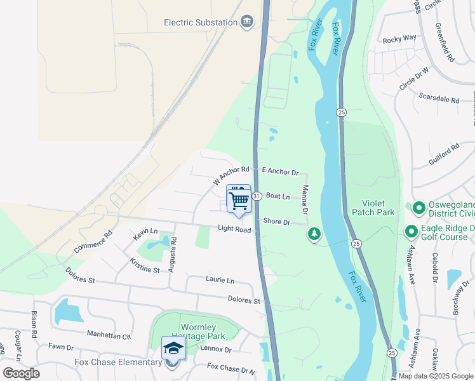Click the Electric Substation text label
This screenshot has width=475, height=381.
pos(200,22)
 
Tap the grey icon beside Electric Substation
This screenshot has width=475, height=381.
pos(247,22)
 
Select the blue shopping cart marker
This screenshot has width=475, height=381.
pos(239,200)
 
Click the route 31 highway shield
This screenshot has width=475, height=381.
pos(257,197)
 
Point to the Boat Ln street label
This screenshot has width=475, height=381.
pos(278,197)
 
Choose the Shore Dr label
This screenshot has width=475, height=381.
pos(277,222)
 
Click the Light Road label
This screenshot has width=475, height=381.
pos(234,229)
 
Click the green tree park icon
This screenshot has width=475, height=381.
pos(314,235)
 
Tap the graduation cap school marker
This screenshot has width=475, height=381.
pos(173,349)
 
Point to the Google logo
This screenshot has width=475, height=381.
pos(21,373)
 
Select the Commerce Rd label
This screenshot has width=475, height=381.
pos(93,242)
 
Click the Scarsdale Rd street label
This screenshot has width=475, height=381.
pos(439,99)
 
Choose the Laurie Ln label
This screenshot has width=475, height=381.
pos(220,280)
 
